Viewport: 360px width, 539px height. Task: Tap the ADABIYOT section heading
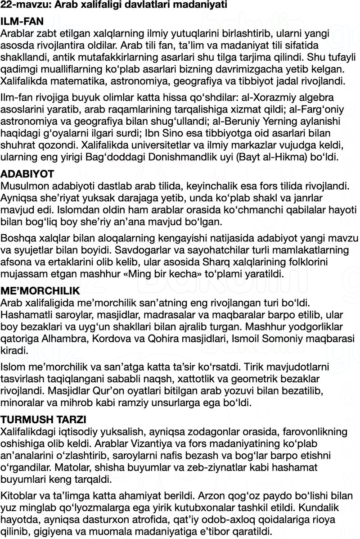pos(27,174)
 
